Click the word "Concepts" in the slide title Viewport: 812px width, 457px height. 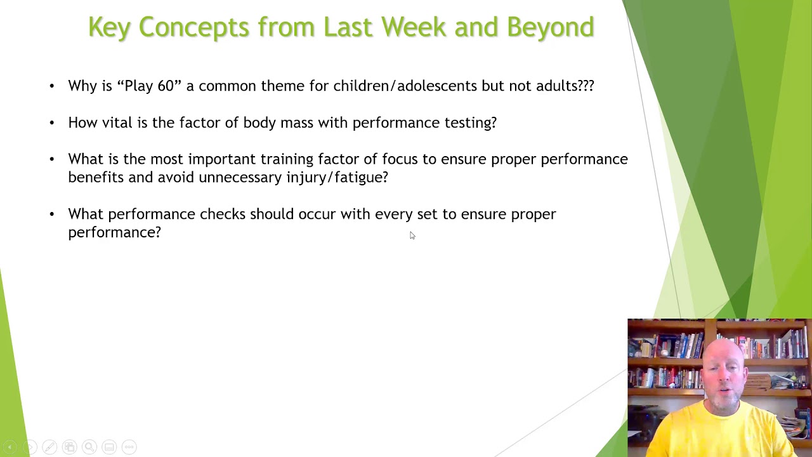click(x=194, y=27)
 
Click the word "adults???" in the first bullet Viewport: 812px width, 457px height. click(x=565, y=86)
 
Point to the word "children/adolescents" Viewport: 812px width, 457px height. click(x=405, y=86)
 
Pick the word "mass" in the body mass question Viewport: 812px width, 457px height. click(x=297, y=123)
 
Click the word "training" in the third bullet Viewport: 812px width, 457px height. click(x=287, y=159)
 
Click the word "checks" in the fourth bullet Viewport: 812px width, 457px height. click(x=222, y=215)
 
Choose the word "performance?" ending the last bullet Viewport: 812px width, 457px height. click(x=114, y=233)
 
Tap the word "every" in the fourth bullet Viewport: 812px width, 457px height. click(x=393, y=215)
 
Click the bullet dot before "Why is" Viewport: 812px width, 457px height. click(x=52, y=86)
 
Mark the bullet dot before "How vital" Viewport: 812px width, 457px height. click(x=52, y=123)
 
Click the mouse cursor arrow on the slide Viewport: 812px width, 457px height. click(x=412, y=235)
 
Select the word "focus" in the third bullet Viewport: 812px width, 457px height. click(x=400, y=159)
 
